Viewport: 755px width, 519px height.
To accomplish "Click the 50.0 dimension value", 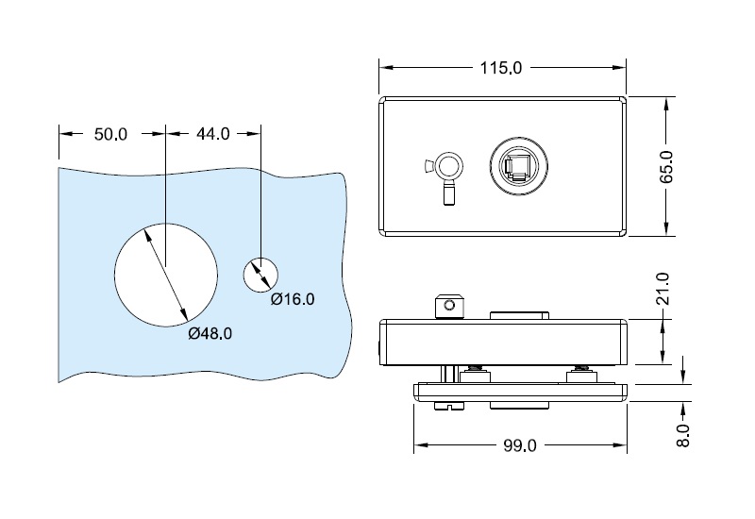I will click(110, 134).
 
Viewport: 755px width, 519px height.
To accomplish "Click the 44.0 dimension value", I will click(212, 134).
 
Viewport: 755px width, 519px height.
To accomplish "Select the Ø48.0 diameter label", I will click(210, 333).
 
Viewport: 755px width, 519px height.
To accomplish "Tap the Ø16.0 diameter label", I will click(292, 299).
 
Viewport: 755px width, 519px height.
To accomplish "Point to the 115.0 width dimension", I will click(501, 68).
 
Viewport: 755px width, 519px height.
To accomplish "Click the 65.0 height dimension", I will click(666, 166).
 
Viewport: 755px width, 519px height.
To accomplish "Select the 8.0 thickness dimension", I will click(684, 435).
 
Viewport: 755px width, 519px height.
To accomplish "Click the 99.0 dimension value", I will click(519, 445).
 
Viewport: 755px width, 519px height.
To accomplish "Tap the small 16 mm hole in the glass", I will click(260, 274).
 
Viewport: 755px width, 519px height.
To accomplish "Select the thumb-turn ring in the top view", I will click(447, 167).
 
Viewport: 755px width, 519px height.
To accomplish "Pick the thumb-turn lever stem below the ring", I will click(449, 194).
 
